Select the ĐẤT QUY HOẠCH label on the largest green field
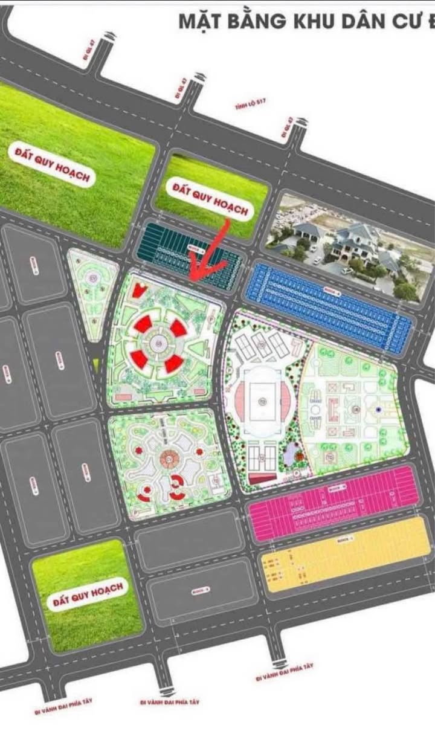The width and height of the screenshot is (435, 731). pos(53,164)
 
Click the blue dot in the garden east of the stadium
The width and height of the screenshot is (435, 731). pos(378,410)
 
